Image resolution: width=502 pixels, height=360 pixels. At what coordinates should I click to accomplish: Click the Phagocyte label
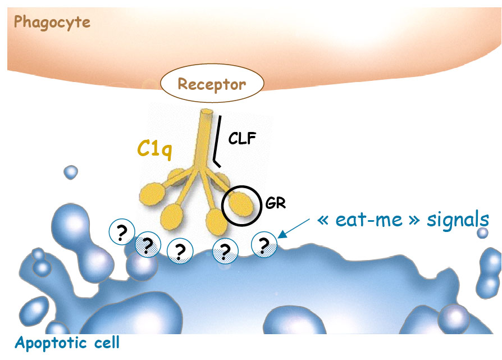tap(52, 22)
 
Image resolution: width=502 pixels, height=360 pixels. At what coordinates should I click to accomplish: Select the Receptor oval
tap(212, 85)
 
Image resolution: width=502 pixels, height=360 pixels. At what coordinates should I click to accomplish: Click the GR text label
tap(276, 203)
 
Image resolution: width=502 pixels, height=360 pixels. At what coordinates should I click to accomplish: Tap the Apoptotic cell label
tap(67, 342)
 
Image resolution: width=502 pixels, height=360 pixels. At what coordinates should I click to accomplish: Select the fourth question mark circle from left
tap(225, 250)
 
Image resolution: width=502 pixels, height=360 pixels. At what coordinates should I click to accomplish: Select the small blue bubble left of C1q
tap(71, 172)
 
